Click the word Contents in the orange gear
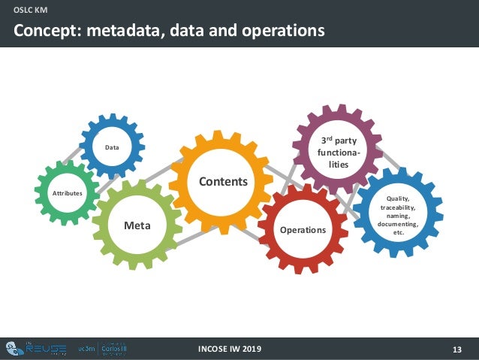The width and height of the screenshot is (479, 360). pyautogui.click(x=222, y=182)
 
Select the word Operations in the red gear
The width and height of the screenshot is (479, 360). pyautogui.click(x=303, y=229)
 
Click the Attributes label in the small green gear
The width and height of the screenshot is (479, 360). pyautogui.click(x=66, y=193)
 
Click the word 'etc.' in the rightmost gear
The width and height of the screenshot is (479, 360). pyautogui.click(x=398, y=233)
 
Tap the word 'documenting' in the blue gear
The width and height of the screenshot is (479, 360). pyautogui.click(x=398, y=224)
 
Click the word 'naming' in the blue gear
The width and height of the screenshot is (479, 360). pyautogui.click(x=398, y=215)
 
